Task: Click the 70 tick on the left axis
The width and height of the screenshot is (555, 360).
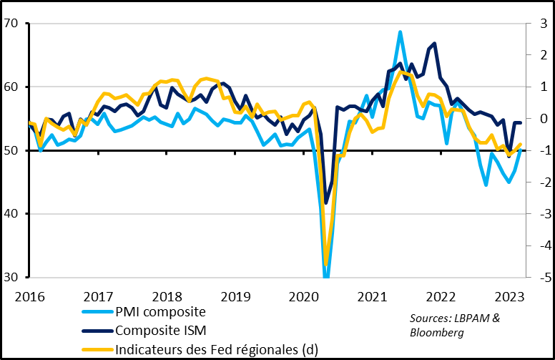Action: point(11,24)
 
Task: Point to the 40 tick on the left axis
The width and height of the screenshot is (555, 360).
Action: point(11,214)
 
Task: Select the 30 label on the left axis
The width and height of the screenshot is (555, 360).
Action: point(11,278)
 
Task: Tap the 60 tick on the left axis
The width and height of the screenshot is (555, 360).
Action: point(11,87)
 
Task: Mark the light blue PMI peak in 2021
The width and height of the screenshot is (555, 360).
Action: point(400,32)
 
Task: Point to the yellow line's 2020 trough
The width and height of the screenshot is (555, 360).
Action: point(327,263)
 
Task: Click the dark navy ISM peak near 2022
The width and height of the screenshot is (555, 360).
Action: point(435,44)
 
